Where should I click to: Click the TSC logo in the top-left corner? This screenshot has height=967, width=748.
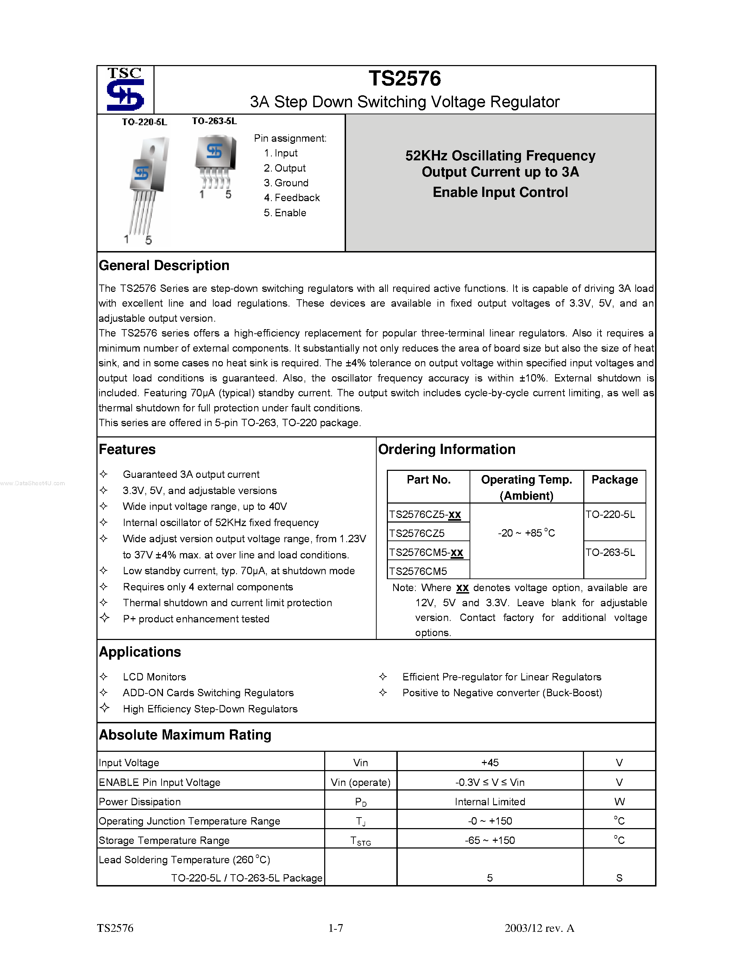pos(125,89)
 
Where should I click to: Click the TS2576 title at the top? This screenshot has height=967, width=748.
pos(404,79)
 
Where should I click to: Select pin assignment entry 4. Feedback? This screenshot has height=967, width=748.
pos(291,198)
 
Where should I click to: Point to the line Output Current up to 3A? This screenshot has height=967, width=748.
pos(500,172)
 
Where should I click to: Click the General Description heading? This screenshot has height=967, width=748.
pos(164,265)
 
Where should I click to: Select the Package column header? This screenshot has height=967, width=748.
pos(614,480)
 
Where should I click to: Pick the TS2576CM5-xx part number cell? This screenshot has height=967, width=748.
pos(426,552)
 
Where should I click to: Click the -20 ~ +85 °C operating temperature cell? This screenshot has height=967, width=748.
pos(526,533)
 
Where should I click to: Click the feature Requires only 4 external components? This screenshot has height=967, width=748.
pos(208,587)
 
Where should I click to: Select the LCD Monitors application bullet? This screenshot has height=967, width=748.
pos(154,677)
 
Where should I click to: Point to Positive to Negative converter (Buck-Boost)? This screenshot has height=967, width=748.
pos(502,693)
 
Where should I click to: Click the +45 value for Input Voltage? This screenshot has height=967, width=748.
pos(490,762)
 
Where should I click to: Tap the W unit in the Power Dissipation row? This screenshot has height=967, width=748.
pos(619,802)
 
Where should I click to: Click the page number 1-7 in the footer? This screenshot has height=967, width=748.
pos(335,928)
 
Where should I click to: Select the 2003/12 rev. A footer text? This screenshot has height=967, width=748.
pos(539,928)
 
